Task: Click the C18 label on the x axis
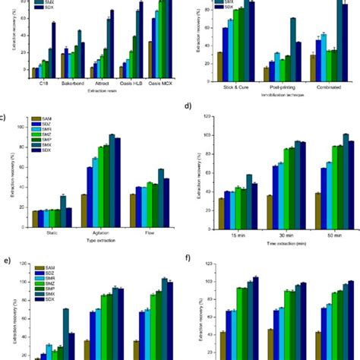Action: tap(36, 84)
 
